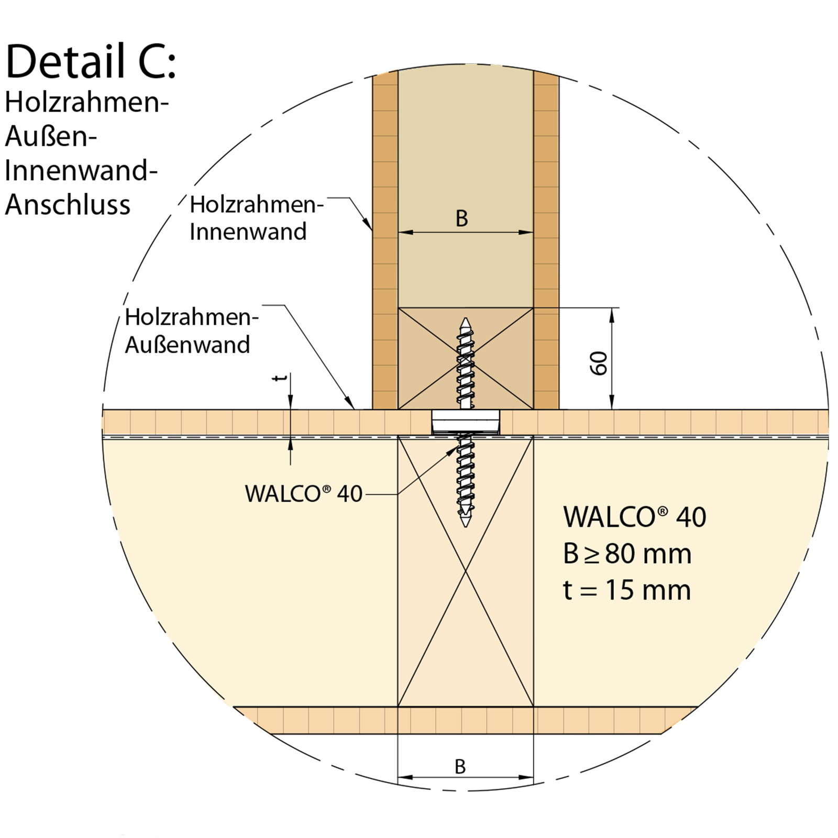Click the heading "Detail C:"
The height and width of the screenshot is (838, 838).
tap(91, 62)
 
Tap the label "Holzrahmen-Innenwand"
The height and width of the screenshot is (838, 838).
tap(256, 218)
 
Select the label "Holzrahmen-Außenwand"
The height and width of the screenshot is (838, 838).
tap(191, 331)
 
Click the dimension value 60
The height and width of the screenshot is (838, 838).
tap(599, 363)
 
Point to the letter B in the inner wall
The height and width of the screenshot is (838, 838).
tap(461, 219)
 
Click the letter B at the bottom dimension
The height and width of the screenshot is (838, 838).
tap(460, 767)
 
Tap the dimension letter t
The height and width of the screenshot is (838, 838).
tap(281, 378)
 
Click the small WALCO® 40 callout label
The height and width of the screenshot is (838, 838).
tap(303, 493)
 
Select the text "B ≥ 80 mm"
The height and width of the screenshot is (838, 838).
tap(627, 554)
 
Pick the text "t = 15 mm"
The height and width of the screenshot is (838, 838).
tap(626, 590)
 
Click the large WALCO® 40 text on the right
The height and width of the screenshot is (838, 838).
tap(634, 517)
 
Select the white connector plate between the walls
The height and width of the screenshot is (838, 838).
tap(465, 422)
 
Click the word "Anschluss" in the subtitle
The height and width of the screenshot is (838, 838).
tap(68, 205)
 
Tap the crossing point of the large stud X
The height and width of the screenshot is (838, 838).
tap(465, 571)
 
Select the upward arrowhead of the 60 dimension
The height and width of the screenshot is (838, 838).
tap(612, 311)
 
